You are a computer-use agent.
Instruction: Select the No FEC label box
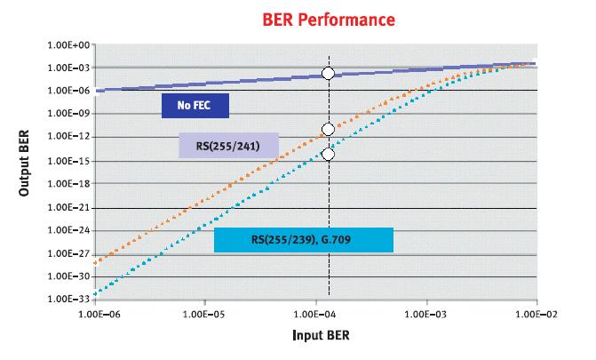click(195, 107)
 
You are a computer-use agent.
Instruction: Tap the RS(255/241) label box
click(229, 145)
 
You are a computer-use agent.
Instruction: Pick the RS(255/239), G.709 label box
click(304, 239)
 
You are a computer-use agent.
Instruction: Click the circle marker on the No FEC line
click(328, 74)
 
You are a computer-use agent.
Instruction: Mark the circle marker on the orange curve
click(328, 130)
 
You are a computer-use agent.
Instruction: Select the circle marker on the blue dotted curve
click(328, 154)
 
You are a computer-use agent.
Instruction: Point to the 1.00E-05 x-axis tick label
click(205, 314)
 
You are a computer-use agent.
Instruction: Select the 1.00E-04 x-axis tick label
click(316, 314)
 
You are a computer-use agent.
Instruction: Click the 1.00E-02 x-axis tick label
click(537, 314)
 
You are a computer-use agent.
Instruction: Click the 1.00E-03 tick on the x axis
click(427, 314)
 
